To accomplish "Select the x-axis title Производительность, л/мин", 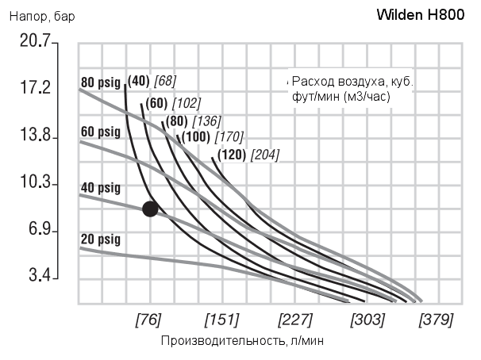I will tap(242, 341).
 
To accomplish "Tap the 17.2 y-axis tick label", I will tap(34, 88).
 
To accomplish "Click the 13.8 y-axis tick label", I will tap(34, 136).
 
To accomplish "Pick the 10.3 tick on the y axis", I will tap(34, 183).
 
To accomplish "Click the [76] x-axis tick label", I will tap(148, 320).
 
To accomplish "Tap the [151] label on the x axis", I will tap(221, 320).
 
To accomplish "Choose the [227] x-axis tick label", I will tap(294, 320).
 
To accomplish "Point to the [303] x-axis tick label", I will tap(367, 320).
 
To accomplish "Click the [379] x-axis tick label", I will tap(436, 320).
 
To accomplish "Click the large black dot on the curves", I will tap(150, 209).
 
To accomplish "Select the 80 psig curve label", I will tap(100, 81).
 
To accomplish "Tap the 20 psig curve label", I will tap(100, 237).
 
